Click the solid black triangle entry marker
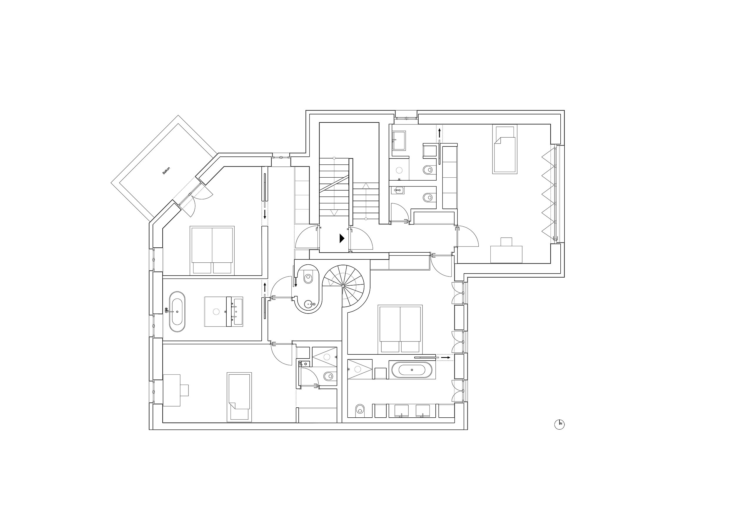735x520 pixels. pos(342,238)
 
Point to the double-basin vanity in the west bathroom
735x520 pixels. pos(234,311)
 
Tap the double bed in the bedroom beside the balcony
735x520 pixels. pos(212,250)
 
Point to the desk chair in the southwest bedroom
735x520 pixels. pos(184,390)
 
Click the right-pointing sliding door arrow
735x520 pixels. pos(446,357)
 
